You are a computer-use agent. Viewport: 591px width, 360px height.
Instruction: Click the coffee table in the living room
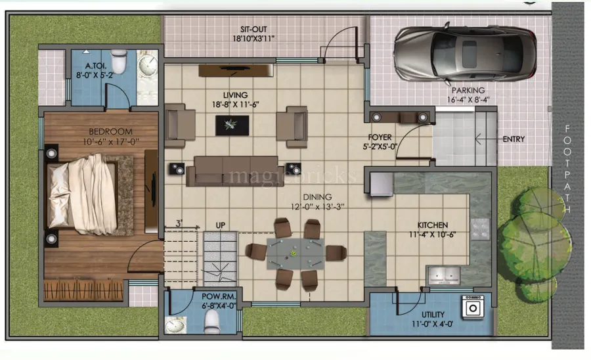click(x=232, y=125)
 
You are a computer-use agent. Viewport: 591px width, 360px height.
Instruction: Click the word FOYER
click(x=380, y=137)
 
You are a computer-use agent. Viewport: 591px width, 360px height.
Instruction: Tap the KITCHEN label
click(x=433, y=224)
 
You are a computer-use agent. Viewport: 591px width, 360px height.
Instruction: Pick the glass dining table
click(x=293, y=252)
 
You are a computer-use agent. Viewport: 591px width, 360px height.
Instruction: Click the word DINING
click(x=317, y=197)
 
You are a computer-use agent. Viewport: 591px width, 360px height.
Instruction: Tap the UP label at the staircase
click(x=221, y=226)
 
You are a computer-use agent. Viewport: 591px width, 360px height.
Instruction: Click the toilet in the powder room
click(x=212, y=320)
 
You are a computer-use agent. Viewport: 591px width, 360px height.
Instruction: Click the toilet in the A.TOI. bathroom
click(x=119, y=62)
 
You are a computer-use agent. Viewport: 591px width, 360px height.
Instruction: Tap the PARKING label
click(x=468, y=90)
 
